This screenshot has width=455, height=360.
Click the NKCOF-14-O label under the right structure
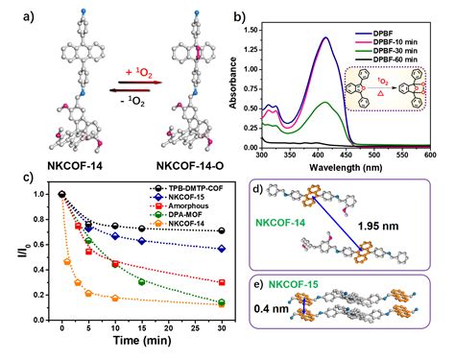point(190,166)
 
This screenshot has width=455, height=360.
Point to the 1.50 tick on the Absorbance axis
point(251,30)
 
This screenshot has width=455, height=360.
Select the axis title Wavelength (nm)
point(346,167)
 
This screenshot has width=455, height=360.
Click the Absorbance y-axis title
point(233,83)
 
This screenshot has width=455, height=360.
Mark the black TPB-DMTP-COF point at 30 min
point(222,230)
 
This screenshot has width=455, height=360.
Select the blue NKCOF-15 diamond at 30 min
point(222,249)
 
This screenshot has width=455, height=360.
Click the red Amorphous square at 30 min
point(222,282)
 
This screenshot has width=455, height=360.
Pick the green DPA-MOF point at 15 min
point(141,281)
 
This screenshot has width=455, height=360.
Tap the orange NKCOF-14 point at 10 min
point(115,298)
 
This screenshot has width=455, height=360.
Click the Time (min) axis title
point(142,340)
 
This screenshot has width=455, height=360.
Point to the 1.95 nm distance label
point(378,227)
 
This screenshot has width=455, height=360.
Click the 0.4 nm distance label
point(272,309)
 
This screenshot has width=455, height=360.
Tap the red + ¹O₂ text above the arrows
point(139,73)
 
